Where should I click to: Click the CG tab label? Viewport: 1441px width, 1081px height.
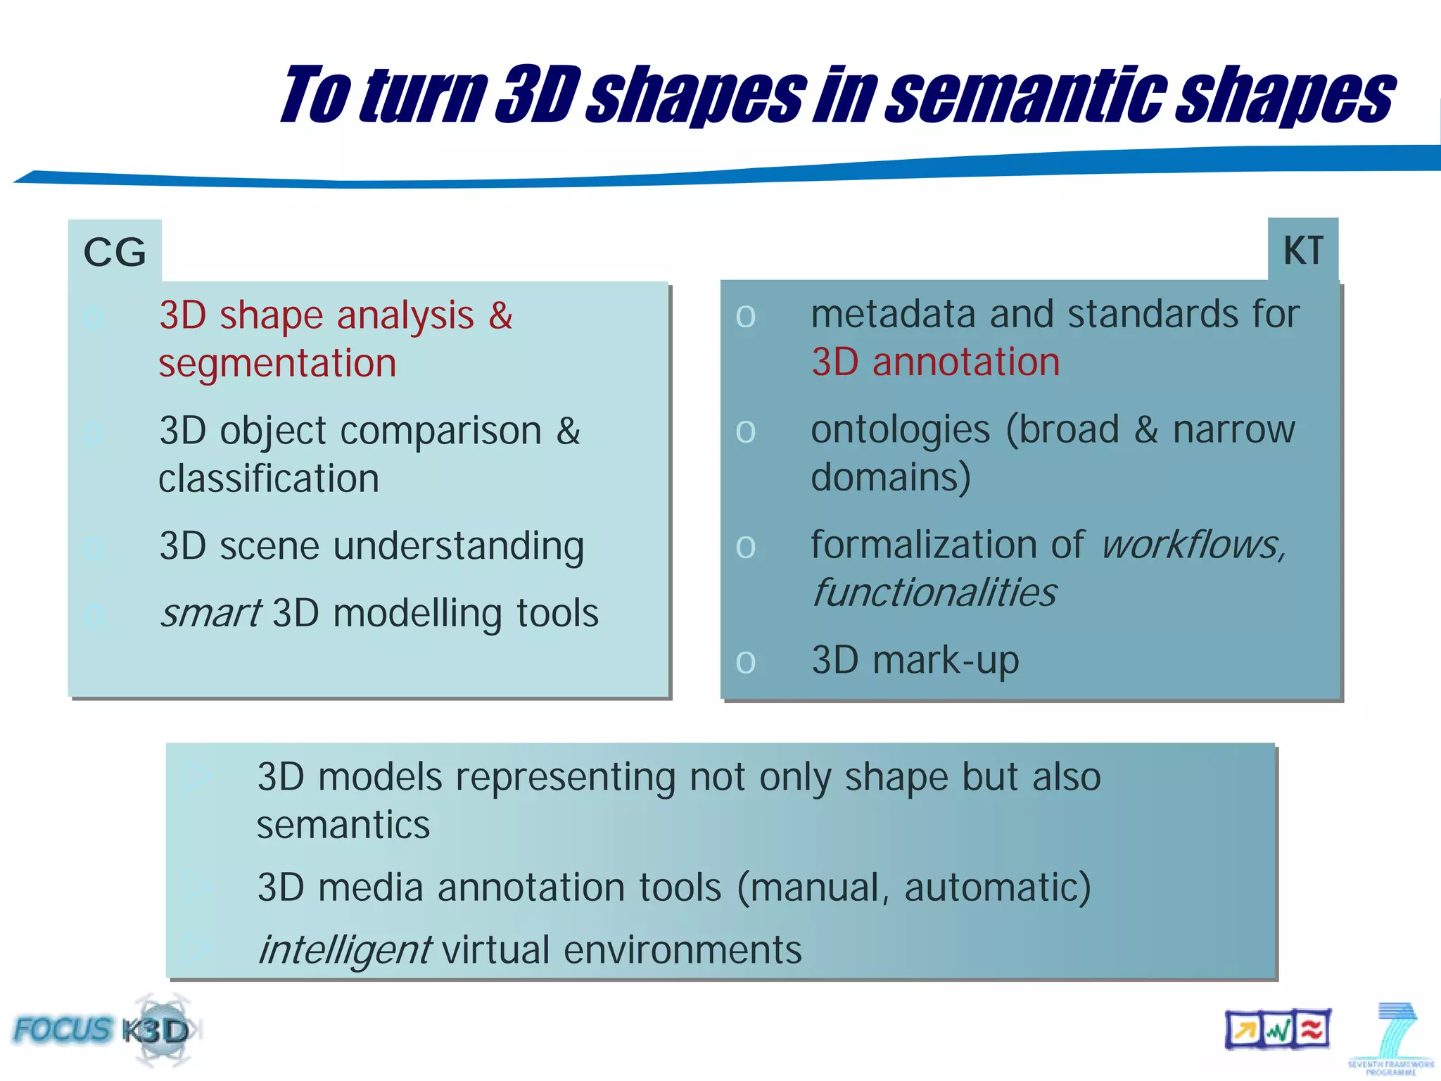(115, 252)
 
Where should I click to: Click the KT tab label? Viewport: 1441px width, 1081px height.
(1303, 251)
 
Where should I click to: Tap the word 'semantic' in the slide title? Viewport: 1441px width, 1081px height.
(1024, 95)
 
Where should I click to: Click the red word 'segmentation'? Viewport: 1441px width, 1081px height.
(277, 364)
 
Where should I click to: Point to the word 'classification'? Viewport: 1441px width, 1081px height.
(269, 479)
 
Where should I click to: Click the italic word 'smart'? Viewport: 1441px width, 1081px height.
(211, 613)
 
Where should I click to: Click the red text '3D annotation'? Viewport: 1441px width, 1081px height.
(935, 362)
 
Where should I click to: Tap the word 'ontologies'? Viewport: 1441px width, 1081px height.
(901, 430)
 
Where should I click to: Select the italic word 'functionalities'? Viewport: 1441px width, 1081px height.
(934, 593)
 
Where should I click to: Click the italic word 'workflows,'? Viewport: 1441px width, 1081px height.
(1193, 545)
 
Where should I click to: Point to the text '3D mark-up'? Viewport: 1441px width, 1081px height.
(915, 660)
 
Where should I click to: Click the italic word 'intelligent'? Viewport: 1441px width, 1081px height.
(345, 950)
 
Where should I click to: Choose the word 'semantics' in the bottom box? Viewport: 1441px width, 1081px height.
(343, 825)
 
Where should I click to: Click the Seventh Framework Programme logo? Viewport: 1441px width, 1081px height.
(1390, 1039)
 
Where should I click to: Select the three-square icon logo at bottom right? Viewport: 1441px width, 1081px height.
(1277, 1030)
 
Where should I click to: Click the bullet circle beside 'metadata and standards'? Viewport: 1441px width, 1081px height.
(746, 317)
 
